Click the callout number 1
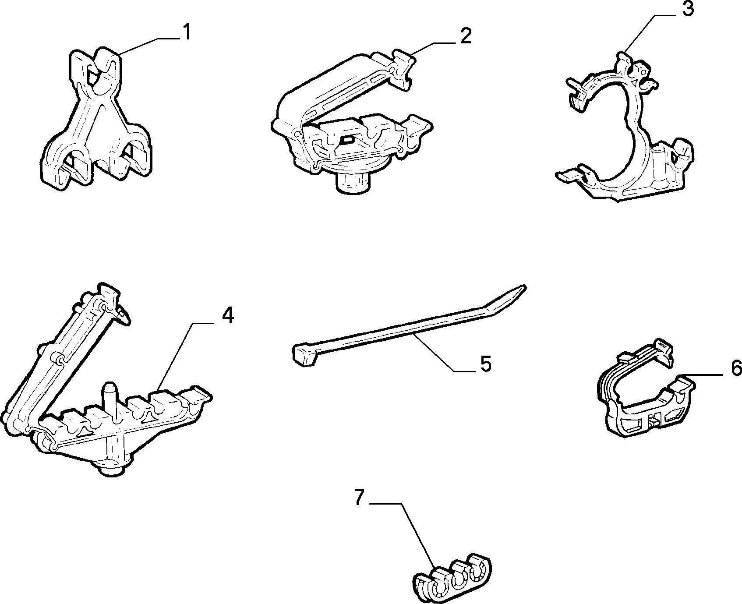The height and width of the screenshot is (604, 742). click(187, 33)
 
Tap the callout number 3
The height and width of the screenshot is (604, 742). click(688, 9)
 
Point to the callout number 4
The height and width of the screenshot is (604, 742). click(227, 315)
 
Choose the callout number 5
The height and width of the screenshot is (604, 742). click(485, 364)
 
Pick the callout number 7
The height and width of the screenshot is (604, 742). click(359, 498)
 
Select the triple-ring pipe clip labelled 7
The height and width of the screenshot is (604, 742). click(452, 579)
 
